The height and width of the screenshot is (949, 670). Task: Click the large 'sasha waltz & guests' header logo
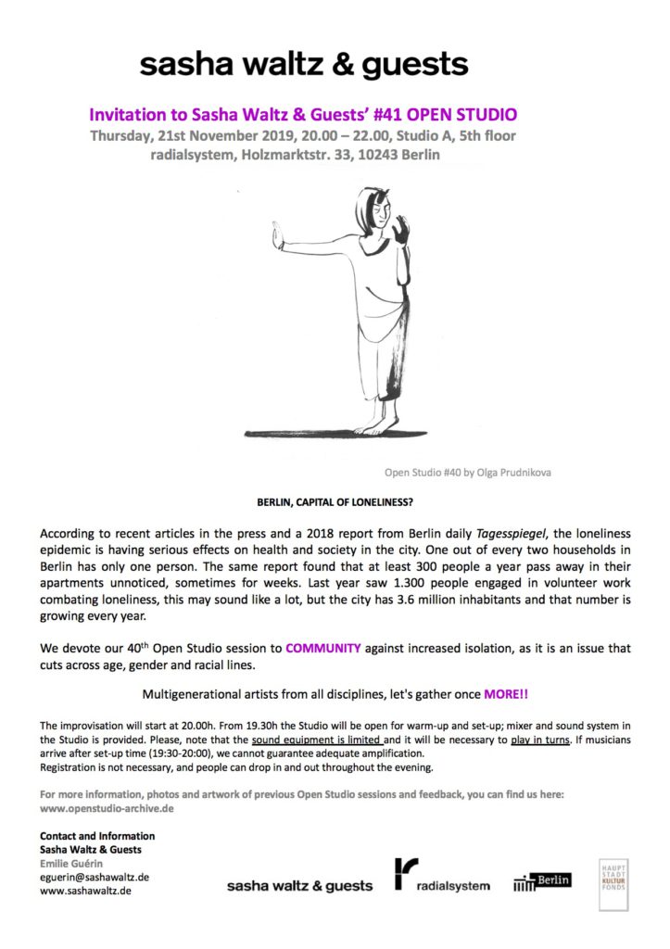pos(304,64)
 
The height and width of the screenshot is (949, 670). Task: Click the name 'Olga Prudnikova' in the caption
pos(513,472)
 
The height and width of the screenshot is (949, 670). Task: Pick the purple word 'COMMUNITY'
pos(322,649)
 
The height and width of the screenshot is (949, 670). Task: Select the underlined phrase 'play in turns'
pos(539,740)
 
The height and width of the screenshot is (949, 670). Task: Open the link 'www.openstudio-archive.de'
pos(107,808)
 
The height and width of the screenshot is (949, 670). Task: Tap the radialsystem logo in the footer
pos(442,877)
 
